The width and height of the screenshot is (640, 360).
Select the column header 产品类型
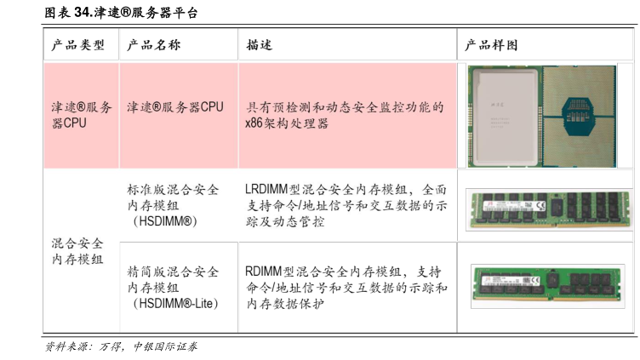[77, 45]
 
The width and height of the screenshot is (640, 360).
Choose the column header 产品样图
[492, 45]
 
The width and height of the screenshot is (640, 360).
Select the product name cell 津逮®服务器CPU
[175, 108]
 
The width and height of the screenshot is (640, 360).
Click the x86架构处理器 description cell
[345, 116]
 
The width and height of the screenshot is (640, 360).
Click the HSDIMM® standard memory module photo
[548, 204]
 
